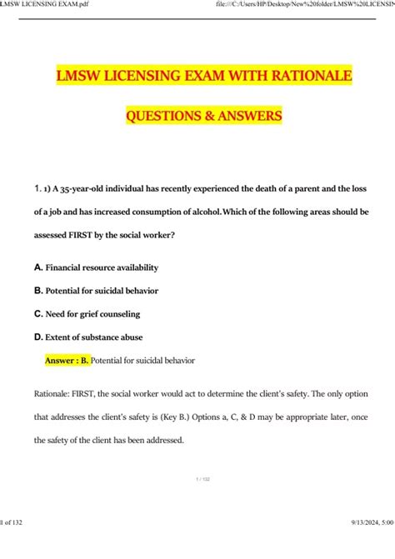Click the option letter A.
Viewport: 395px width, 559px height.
[x=38, y=267]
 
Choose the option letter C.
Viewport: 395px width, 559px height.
[x=38, y=314]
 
